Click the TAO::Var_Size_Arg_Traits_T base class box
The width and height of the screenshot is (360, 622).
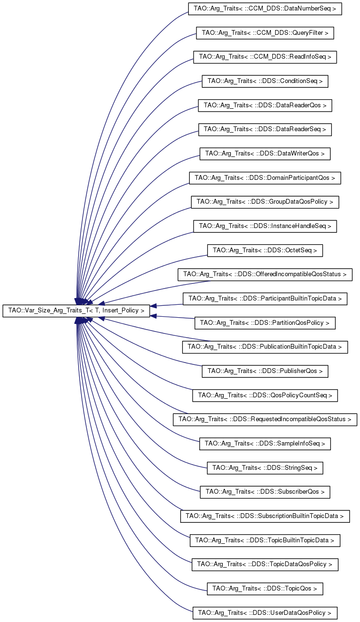pos(76,311)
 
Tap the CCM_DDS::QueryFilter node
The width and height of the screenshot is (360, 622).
pos(265,33)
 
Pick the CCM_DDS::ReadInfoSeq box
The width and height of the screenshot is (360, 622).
pos(265,57)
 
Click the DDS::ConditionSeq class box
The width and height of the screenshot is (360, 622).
pos(265,81)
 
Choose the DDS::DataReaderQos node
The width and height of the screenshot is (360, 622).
pos(265,105)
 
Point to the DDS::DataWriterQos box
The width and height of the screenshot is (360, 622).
pos(265,154)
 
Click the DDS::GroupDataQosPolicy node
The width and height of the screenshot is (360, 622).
pos(265,202)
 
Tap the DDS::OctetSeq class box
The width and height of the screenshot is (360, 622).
pos(265,250)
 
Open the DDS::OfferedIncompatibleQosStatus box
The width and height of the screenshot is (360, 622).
pos(265,274)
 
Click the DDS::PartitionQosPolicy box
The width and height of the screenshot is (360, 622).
pos(265,323)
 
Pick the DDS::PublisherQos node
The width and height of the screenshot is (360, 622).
pos(265,371)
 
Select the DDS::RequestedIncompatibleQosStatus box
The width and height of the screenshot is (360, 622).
pos(265,419)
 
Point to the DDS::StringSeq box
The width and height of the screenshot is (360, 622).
pos(265,468)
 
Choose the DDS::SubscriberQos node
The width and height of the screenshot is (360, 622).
pos(265,492)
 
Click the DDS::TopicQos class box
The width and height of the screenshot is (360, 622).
pos(265,589)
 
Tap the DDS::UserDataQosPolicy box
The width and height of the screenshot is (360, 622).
pos(265,613)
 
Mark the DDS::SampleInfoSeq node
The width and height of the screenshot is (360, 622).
pos(265,444)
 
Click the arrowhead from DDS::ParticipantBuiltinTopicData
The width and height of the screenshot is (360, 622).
pos(154,306)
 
